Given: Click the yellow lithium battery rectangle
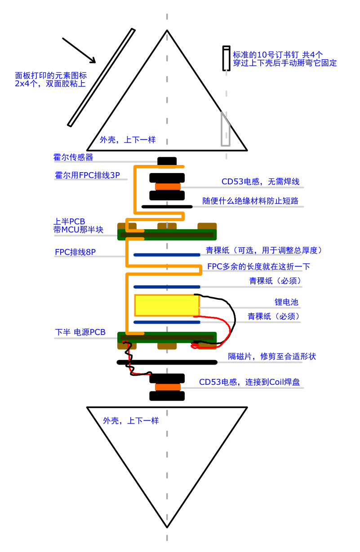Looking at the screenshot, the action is coord(167,305).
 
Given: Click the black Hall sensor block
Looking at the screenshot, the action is coord(167,161).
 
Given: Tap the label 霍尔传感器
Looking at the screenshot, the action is coord(73,157).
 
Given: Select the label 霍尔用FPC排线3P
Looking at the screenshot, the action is coord(87,175).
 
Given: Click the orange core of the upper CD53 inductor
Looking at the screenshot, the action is coord(168,187).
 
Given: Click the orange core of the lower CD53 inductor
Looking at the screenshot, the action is coord(168,387).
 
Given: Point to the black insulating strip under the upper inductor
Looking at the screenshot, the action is coord(167,206).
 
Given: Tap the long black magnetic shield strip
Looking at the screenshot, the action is coord(167,362).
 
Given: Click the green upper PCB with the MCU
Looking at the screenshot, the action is coord(167,235).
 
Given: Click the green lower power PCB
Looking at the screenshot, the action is coord(167,338).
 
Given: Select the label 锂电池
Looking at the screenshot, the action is coord(286,302).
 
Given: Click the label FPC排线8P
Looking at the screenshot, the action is coord(75,252).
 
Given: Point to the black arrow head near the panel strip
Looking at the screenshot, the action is coord(93,61).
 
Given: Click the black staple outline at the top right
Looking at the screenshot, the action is coord(226,58).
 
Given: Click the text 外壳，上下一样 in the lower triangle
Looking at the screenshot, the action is coord(131,420).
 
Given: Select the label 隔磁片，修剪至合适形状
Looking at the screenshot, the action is coord(272,356).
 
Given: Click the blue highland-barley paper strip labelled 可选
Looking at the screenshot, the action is coord(167,254).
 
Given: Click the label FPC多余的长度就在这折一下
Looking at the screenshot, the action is coord(258,266).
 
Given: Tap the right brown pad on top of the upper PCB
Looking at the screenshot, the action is coord(207,226).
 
